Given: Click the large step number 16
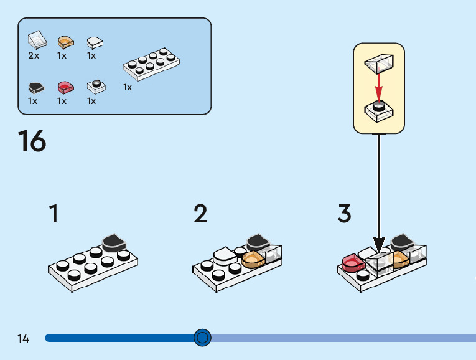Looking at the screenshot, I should point(32,141).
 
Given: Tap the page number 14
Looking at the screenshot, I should point(24,338).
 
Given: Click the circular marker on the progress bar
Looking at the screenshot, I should point(202,338).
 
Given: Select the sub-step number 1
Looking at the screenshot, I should point(54,214).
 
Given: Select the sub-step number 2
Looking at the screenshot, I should point(200,214).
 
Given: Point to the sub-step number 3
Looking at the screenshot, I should point(345,214).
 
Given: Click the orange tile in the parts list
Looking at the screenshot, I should point(65,42).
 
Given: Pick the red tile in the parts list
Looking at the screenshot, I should point(65,87).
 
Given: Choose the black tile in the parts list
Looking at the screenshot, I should point(36,87).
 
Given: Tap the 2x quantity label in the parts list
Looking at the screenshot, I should point(34,55).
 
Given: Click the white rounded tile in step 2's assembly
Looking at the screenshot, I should point(223,254).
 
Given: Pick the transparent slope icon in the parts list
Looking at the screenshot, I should point(37,40).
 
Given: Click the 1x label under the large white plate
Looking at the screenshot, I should point(128,87).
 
